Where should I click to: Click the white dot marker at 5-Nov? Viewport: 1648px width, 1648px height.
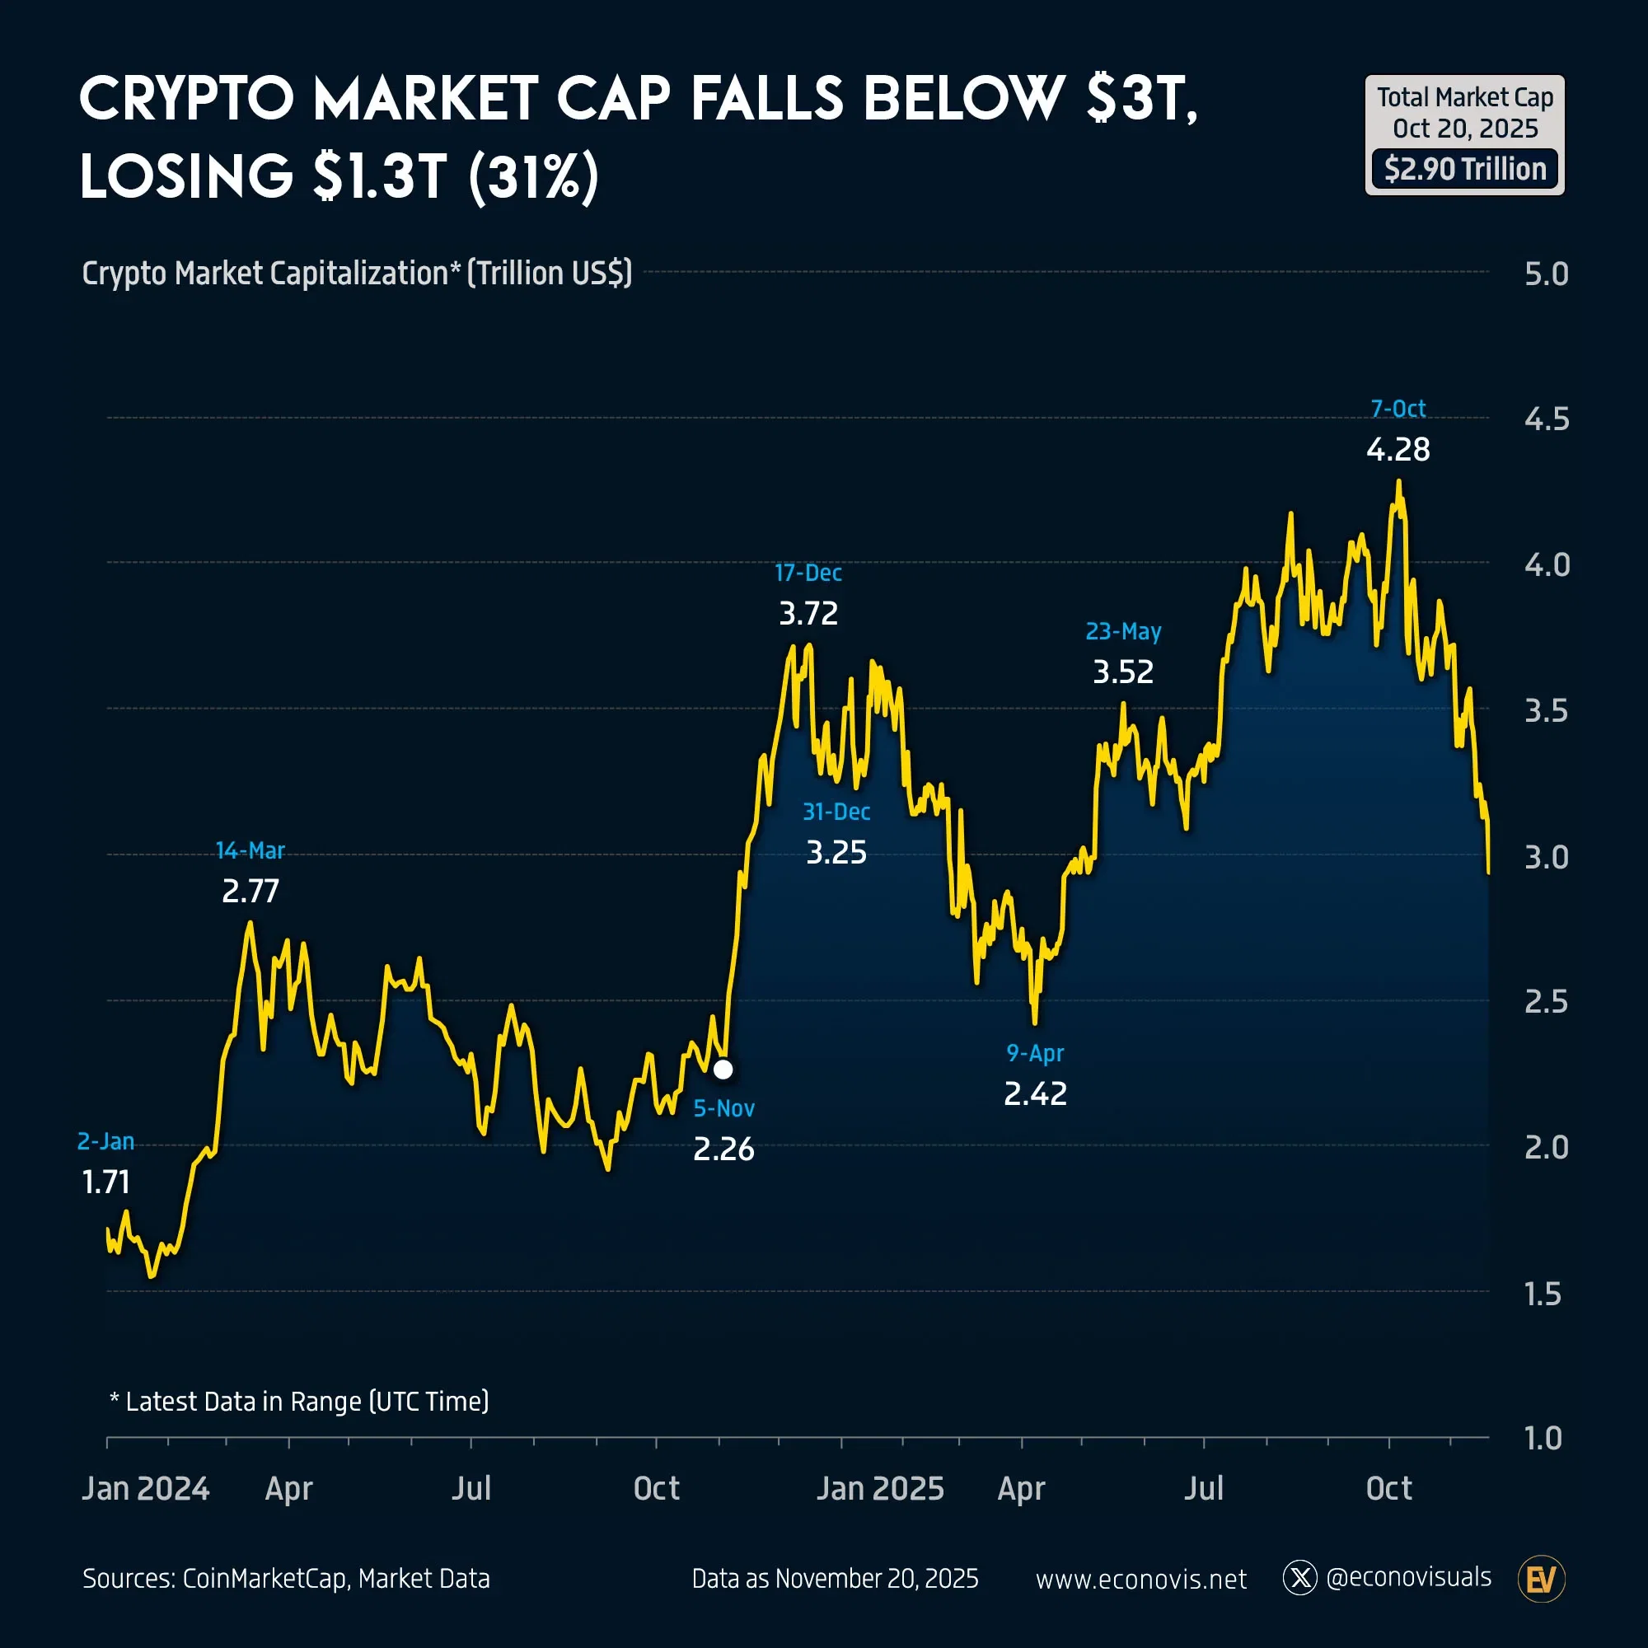pyautogui.click(x=723, y=1069)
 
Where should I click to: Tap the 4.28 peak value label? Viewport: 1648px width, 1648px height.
pyautogui.click(x=1398, y=450)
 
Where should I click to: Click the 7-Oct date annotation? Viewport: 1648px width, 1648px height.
pyautogui.click(x=1398, y=409)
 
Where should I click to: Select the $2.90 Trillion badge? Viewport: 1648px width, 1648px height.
pyautogui.click(x=1464, y=169)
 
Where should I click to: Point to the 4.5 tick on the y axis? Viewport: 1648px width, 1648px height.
pyautogui.click(x=1547, y=419)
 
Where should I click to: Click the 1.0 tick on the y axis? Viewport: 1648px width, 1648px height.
pyautogui.click(x=1543, y=1438)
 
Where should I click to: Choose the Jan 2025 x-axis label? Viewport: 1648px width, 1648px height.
pyautogui.click(x=879, y=1488)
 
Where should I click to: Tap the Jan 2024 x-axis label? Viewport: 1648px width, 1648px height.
pyautogui.click(x=145, y=1488)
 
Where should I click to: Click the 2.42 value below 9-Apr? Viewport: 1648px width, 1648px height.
pyautogui.click(x=1035, y=1093)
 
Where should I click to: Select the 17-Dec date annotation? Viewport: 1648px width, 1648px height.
pyautogui.click(x=808, y=573)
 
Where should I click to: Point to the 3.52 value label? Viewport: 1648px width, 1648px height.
pyautogui.click(x=1122, y=672)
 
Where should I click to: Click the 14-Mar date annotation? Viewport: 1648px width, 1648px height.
pyautogui.click(x=250, y=850)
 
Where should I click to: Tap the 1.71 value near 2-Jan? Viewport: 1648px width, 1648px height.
pyautogui.click(x=105, y=1182)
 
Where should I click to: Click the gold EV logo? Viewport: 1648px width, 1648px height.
pyautogui.click(x=1542, y=1580)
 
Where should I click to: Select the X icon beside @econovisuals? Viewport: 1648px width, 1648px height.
pyautogui.click(x=1300, y=1578)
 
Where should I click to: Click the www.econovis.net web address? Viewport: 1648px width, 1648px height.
pyautogui.click(x=1140, y=1580)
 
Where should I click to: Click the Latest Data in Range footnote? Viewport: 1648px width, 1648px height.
pyautogui.click(x=298, y=1402)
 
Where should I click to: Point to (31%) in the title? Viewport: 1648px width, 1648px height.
pyautogui.click(x=534, y=176)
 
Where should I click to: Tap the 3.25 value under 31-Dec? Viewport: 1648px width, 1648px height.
pyautogui.click(x=836, y=852)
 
